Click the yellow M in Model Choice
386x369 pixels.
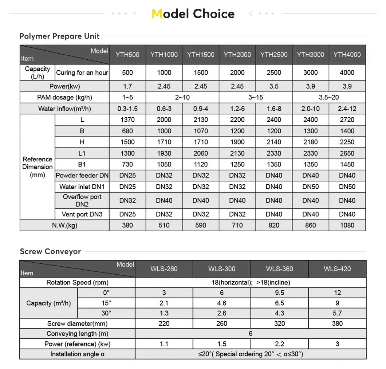pyautogui.click(x=157, y=14)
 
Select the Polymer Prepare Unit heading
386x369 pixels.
pyautogui.click(x=59, y=36)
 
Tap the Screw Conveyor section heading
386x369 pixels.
pyautogui.click(x=50, y=251)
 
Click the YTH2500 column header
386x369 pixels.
pyautogui.click(x=274, y=55)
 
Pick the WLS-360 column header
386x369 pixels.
pyautogui.click(x=280, y=269)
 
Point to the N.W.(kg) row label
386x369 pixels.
pyautogui.click(x=64, y=225)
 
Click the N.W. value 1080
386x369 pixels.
pyautogui.click(x=347, y=225)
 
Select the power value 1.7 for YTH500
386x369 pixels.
pyautogui.click(x=127, y=86)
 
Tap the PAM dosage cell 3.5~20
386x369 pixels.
pyautogui.click(x=329, y=98)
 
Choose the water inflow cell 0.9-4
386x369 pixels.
pyautogui.click(x=201, y=109)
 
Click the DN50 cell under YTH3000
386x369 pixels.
pyautogui.click(x=311, y=187)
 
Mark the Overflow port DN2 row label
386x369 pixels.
pyautogui.click(x=82, y=200)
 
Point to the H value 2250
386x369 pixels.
pyautogui.click(x=347, y=142)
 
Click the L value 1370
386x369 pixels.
pyautogui.click(x=127, y=120)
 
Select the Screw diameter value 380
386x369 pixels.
pyautogui.click(x=337, y=323)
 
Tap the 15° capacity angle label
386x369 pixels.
pyautogui.click(x=106, y=303)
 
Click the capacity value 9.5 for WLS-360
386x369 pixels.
pyautogui.click(x=280, y=293)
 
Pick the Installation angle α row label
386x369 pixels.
pyautogui.click(x=77, y=354)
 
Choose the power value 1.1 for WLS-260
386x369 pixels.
pyautogui.click(x=164, y=344)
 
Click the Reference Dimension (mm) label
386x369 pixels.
pyautogui.click(x=37, y=167)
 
